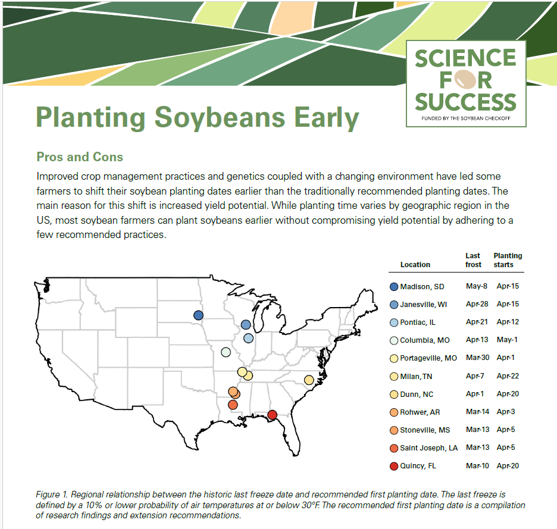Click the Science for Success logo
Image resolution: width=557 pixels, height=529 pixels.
coord(465,83)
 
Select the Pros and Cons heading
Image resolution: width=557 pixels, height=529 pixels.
coord(80,157)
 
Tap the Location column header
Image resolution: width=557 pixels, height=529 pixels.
coord(415,264)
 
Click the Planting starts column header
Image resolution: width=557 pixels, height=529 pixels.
coord(507,260)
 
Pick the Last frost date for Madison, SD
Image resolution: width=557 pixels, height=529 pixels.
coord(477,286)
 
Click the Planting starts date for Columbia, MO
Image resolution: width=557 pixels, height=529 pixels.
coord(507,340)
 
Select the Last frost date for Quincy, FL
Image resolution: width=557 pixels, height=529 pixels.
coord(477,465)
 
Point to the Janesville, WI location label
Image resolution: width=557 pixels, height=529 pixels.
coord(423,304)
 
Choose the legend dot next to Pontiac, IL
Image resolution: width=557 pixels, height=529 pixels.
coord(393,322)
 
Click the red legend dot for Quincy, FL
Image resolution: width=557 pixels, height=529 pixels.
coord(393,465)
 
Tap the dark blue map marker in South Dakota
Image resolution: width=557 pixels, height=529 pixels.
coord(199,315)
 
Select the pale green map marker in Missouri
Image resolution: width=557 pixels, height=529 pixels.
coord(226,352)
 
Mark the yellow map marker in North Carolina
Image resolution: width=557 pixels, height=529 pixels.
coord(309,380)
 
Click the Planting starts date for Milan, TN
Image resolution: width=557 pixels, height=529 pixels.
coord(507,375)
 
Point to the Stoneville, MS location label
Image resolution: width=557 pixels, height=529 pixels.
coord(425,430)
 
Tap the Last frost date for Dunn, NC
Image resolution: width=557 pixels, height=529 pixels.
coord(477,393)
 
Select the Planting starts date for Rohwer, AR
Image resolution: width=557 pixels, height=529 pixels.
coord(507,412)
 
